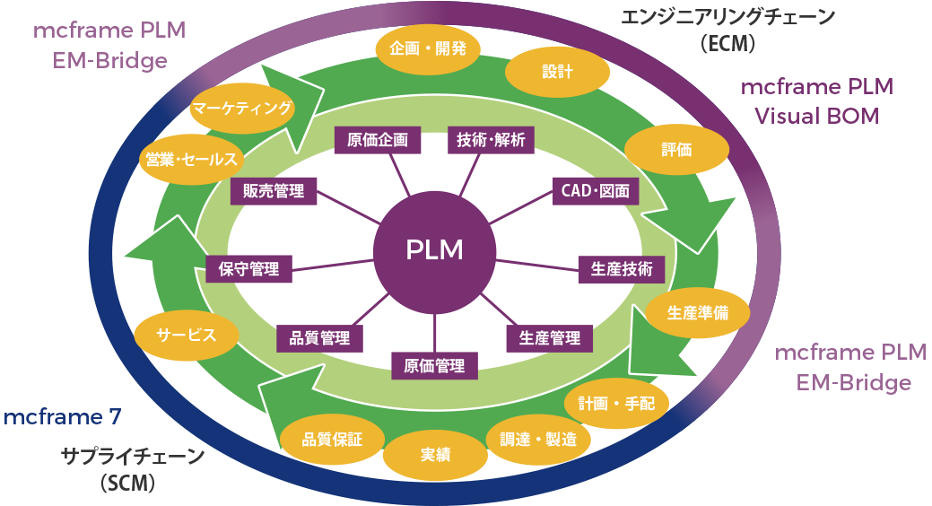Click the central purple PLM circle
click(x=434, y=250)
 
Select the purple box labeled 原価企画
click(x=377, y=139)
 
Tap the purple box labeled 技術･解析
click(x=491, y=139)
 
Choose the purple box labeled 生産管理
click(x=550, y=337)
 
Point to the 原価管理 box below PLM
click(x=434, y=365)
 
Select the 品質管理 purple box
click(x=319, y=337)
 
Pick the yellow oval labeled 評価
click(x=676, y=150)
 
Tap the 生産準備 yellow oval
click(x=698, y=313)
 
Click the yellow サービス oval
click(x=187, y=335)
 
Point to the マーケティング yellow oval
click(x=241, y=109)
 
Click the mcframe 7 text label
click(x=62, y=417)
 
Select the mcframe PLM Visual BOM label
click(x=816, y=102)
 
